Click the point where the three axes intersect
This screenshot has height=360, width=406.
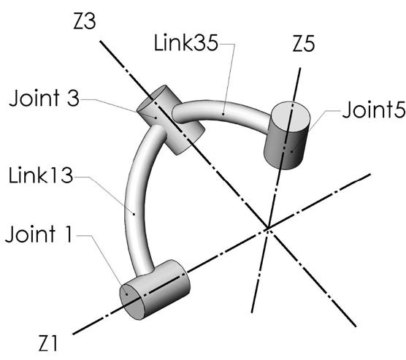pyautogui.click(x=268, y=229)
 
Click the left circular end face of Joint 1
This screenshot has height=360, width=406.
pyautogui.click(x=131, y=299)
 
